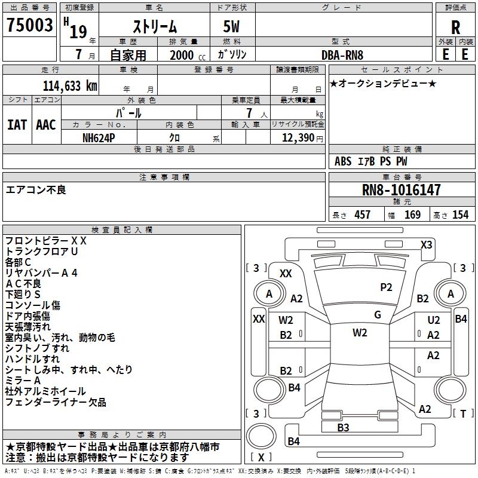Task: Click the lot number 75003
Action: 30,26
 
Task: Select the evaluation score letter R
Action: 455,27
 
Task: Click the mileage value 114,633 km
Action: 69,85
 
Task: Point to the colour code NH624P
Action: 99,137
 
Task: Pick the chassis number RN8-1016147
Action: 402,190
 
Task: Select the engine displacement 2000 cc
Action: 183,55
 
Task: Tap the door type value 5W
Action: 232,26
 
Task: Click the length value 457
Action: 362,215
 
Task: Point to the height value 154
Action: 460,215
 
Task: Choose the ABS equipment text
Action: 343,161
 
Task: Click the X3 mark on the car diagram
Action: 427,244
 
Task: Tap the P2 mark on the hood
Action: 386,287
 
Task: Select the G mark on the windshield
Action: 377,315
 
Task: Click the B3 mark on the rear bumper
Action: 343,427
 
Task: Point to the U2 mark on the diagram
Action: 434,320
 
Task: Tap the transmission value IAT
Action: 17,124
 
